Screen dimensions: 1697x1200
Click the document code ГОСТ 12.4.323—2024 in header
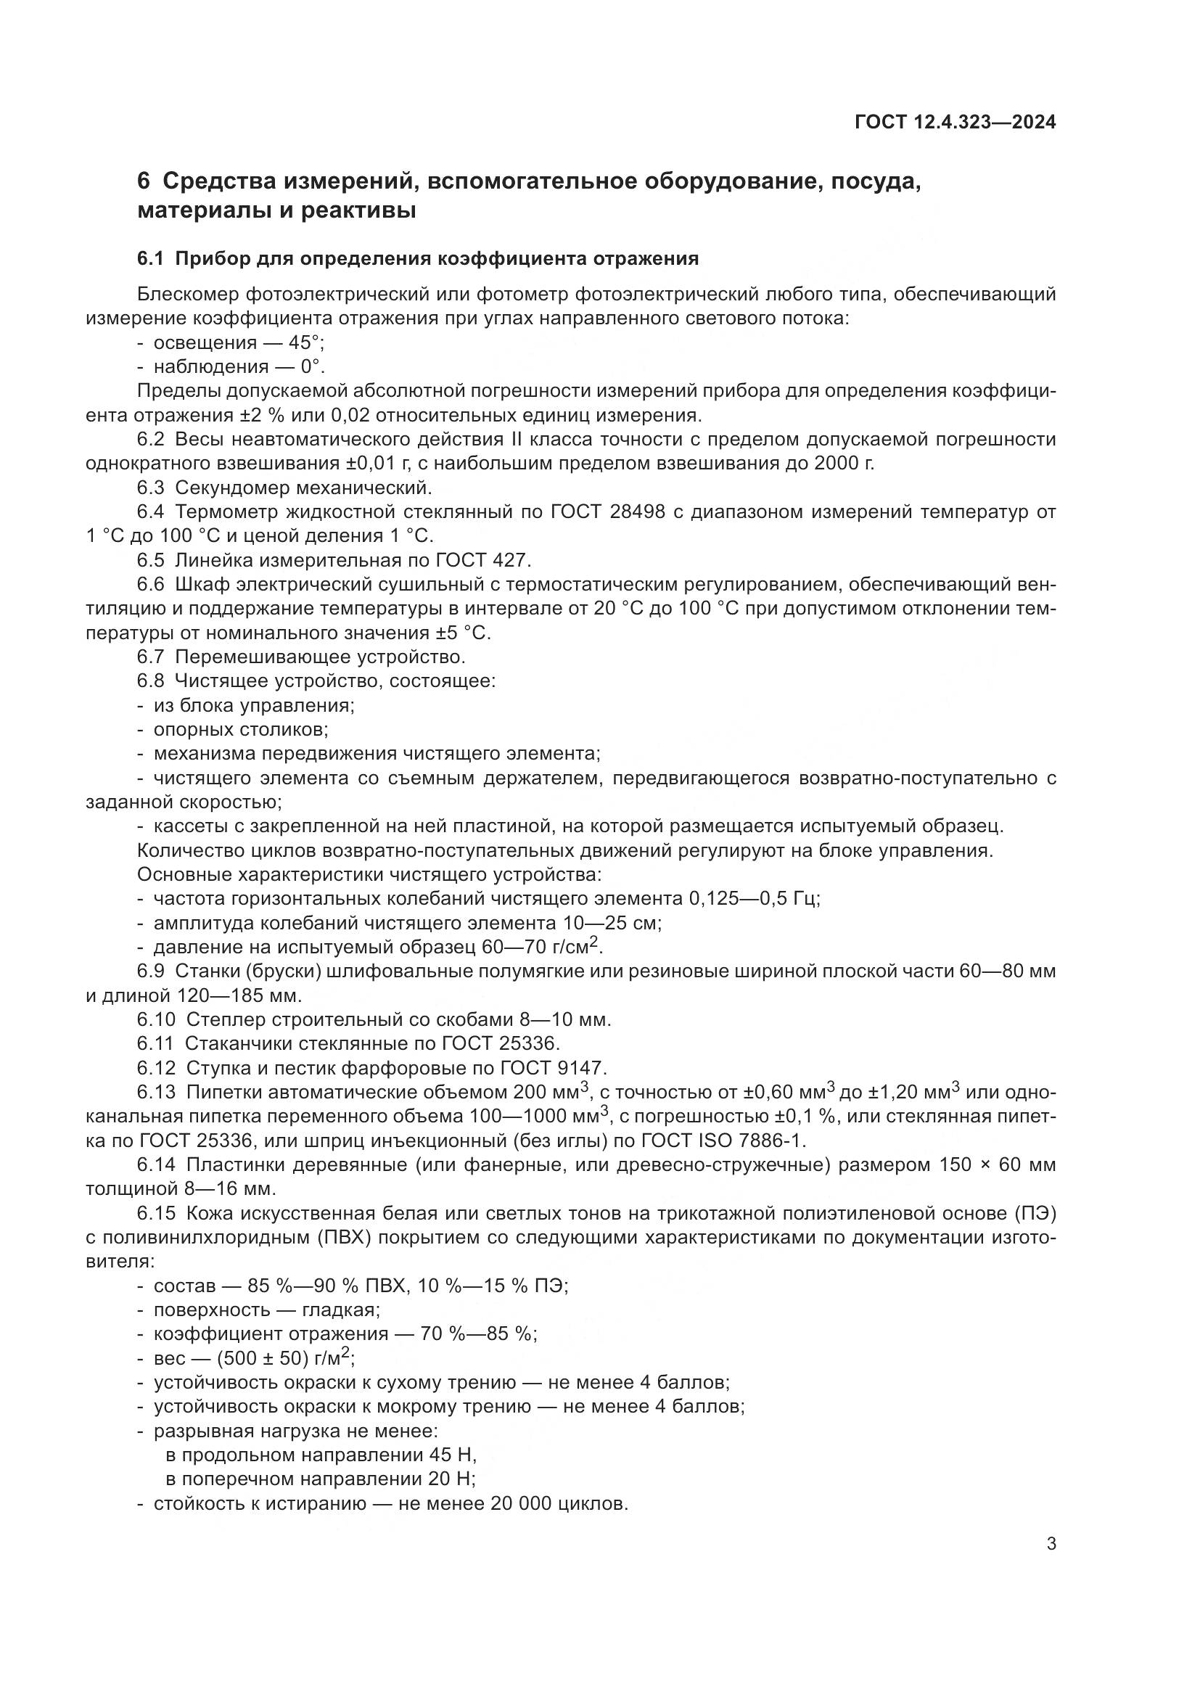955,123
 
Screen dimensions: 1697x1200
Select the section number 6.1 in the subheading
149,259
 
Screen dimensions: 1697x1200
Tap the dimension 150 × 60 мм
997,1165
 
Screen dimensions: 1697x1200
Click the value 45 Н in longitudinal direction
452,1455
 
